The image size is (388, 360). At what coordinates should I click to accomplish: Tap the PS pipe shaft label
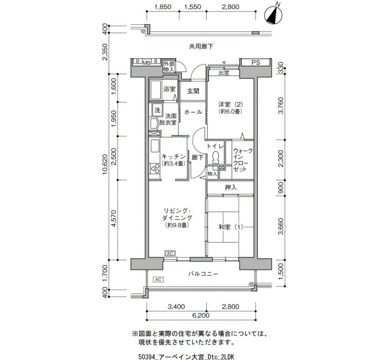click(x=256, y=63)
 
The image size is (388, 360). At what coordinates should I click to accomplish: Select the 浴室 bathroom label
click(x=170, y=89)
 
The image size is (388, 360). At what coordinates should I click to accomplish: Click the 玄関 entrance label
click(x=193, y=91)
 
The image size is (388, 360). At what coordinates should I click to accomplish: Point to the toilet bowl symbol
click(x=216, y=157)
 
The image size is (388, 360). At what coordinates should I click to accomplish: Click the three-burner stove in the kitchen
click(x=155, y=169)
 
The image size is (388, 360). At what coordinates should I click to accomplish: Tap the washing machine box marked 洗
click(x=157, y=110)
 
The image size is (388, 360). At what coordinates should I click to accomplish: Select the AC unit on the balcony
click(x=159, y=279)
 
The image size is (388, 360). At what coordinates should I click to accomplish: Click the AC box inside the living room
click(x=170, y=254)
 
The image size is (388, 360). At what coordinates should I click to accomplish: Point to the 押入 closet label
click(x=231, y=188)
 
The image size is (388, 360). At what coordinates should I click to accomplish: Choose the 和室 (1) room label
click(x=231, y=227)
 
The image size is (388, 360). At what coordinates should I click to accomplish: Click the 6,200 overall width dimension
click(x=200, y=316)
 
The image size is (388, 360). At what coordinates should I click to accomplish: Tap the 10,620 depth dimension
click(x=105, y=164)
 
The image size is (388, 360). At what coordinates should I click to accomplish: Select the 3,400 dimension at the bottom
click(x=176, y=307)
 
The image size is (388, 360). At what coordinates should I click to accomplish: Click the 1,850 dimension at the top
click(x=162, y=7)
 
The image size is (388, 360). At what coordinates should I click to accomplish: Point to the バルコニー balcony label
click(x=203, y=274)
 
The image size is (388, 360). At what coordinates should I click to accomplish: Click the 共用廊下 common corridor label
click(x=201, y=47)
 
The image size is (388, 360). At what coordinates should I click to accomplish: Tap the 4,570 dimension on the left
click(x=114, y=218)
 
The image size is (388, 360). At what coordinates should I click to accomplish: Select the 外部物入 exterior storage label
click(x=169, y=66)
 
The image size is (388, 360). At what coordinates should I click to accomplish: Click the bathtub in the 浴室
click(x=156, y=90)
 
